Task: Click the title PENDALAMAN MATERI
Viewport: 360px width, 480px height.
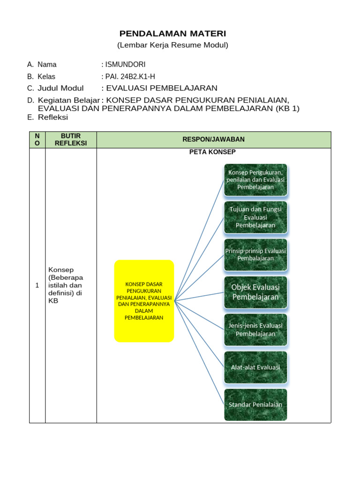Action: coord(172,34)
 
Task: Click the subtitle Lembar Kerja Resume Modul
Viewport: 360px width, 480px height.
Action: coord(172,45)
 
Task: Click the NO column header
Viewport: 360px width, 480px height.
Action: coord(37,140)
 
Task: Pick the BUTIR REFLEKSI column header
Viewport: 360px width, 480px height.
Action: coord(71,140)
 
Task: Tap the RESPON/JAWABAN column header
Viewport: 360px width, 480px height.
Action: coord(214,140)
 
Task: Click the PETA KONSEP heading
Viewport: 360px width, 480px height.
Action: coord(212,152)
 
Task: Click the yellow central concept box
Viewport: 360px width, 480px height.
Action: coord(144,301)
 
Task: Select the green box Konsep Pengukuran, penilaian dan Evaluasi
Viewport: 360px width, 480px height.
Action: coord(255,180)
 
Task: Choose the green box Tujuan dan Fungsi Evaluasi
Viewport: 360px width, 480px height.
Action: coord(255,217)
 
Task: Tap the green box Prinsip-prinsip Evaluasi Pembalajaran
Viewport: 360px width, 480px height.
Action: coord(255,255)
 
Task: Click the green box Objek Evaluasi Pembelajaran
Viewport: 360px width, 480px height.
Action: coord(255,292)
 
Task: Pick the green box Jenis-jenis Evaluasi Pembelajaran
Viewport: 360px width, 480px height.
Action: coord(255,330)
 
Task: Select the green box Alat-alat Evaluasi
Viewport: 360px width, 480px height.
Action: coord(255,367)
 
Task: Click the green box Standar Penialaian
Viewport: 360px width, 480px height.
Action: coord(255,405)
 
